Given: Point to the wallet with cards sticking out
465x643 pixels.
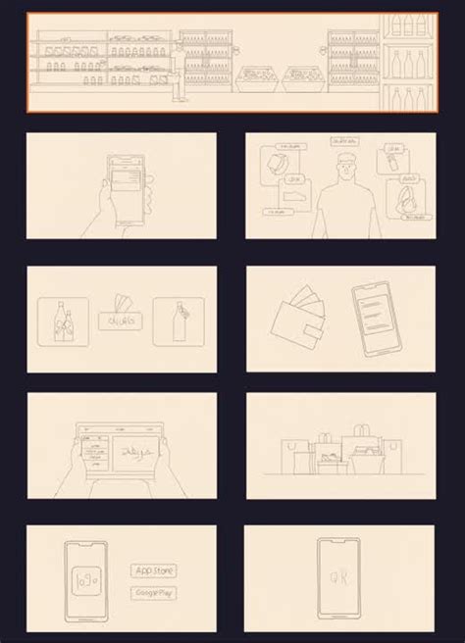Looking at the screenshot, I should click(297, 320).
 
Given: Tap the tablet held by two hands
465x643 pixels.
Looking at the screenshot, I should click(120, 452).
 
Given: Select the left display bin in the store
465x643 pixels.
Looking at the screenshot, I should click(257, 75).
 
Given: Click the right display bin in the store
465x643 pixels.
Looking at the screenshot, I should click(303, 75).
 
